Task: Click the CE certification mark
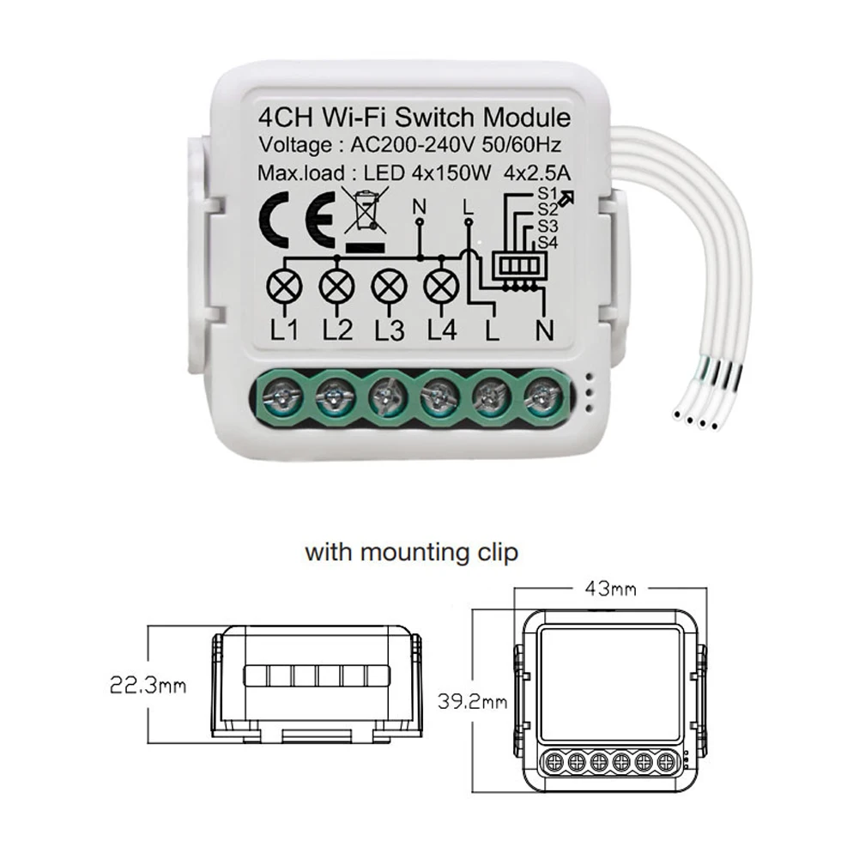(295, 217)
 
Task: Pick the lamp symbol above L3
(388, 284)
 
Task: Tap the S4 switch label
(547, 243)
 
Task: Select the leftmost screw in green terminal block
(281, 396)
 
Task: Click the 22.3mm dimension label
(148, 685)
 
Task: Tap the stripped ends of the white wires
(697, 418)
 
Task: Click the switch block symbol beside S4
(517, 266)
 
